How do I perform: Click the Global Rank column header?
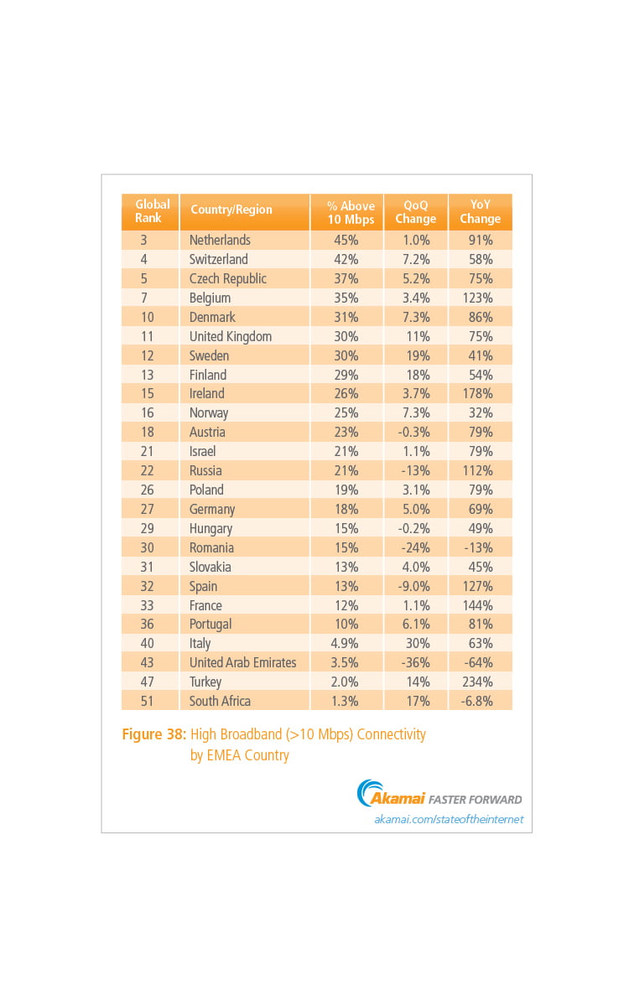152,211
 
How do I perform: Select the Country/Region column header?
231,210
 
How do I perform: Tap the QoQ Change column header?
415,211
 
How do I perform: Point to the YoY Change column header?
481,211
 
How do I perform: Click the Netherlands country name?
220,240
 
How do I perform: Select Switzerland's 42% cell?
346,259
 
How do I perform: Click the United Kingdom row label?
231,336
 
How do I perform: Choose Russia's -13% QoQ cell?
415,470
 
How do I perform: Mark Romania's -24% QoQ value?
415,547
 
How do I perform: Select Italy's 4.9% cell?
346,643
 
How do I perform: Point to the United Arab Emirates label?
242,662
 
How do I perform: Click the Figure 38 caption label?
153,734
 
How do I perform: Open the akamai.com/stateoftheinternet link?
449,819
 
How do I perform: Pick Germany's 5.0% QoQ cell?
415,509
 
